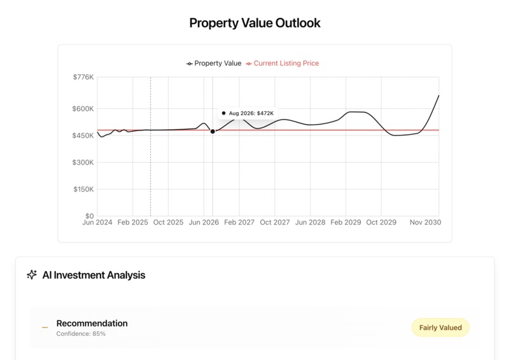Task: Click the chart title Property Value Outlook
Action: pyautogui.click(x=255, y=23)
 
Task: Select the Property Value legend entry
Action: pyautogui.click(x=214, y=64)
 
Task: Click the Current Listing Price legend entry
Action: pyautogui.click(x=282, y=64)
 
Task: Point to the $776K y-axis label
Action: pyautogui.click(x=83, y=77)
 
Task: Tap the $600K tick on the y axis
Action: pyautogui.click(x=83, y=109)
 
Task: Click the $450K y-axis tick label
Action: pyautogui.click(x=83, y=135)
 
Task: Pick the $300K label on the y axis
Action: pyautogui.click(x=83, y=162)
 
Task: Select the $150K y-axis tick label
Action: pyautogui.click(x=83, y=190)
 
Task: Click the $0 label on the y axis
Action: pyautogui.click(x=89, y=216)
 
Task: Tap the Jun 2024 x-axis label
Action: pyautogui.click(x=97, y=223)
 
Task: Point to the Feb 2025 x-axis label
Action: pyautogui.click(x=132, y=223)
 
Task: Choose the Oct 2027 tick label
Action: pyautogui.click(x=275, y=223)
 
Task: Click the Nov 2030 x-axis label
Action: pyautogui.click(x=425, y=223)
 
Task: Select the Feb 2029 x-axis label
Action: pyautogui.click(x=346, y=223)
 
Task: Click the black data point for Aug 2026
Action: pyautogui.click(x=213, y=132)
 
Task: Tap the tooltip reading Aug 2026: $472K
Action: pyautogui.click(x=248, y=113)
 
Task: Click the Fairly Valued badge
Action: pyautogui.click(x=440, y=328)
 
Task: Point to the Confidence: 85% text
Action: pyautogui.click(x=81, y=334)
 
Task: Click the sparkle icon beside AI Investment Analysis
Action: pyautogui.click(x=32, y=275)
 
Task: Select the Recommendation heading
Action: pyautogui.click(x=92, y=323)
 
